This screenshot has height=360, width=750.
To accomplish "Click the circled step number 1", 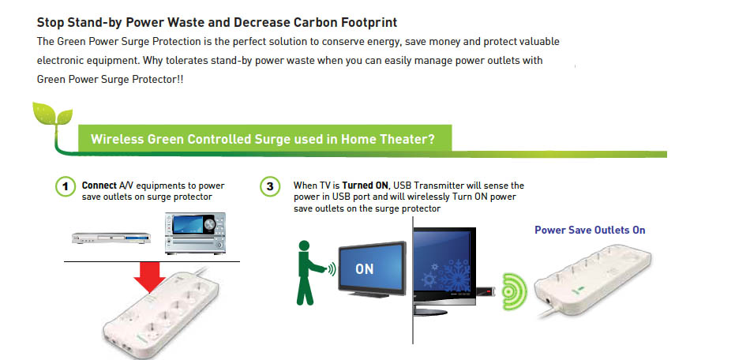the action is point(66,186).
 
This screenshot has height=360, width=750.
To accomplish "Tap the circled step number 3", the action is point(270,186).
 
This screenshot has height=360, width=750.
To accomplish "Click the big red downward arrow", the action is point(150,277).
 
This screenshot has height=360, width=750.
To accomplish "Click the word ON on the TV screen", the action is point(365,269).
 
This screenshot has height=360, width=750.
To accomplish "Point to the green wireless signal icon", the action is point(514,291).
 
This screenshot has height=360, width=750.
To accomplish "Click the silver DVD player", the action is point(111,237).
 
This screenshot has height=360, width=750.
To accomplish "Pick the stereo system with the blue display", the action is point(195,234).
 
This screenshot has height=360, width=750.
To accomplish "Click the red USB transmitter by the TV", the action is point(485,291).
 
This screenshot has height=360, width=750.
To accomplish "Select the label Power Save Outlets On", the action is point(590,231).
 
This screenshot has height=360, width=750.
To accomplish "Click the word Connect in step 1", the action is point(99,186).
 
